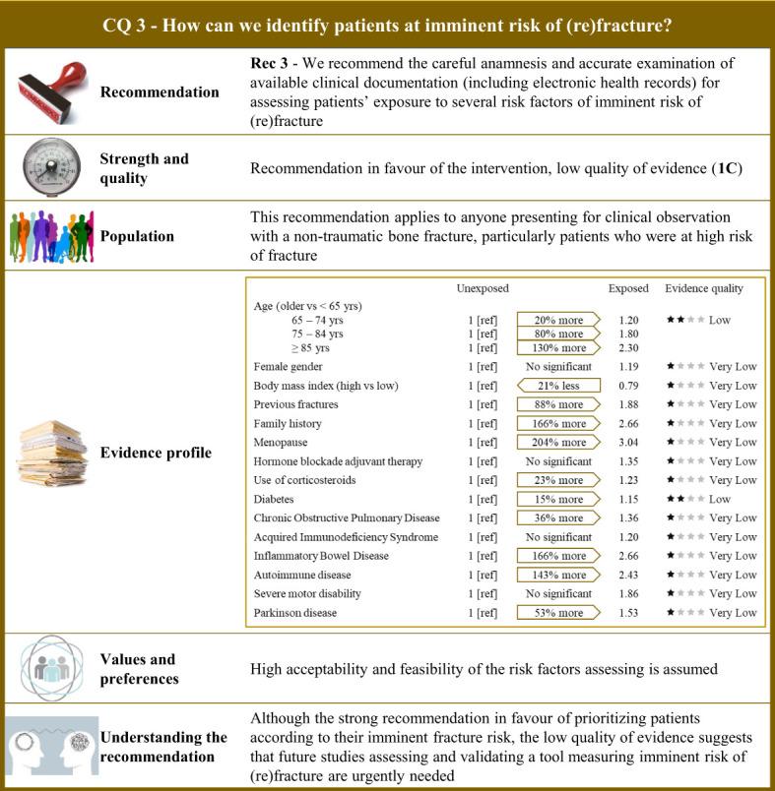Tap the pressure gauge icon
[x=49, y=166]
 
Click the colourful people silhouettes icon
[x=49, y=236]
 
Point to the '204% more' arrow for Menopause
[x=557, y=442]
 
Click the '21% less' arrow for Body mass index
[x=557, y=385]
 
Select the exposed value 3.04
[x=628, y=442]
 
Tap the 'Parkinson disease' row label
[x=294, y=613]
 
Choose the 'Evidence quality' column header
[x=704, y=288]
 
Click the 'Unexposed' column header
[x=483, y=288]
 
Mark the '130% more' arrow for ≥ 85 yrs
[x=557, y=347]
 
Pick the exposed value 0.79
[x=628, y=385]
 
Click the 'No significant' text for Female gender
[x=558, y=366]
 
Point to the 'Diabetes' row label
[x=275, y=499]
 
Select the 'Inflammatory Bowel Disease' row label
[x=321, y=556]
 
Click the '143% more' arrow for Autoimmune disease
[x=557, y=575]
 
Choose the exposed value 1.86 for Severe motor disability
[x=628, y=593]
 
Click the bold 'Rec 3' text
[x=272, y=62]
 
